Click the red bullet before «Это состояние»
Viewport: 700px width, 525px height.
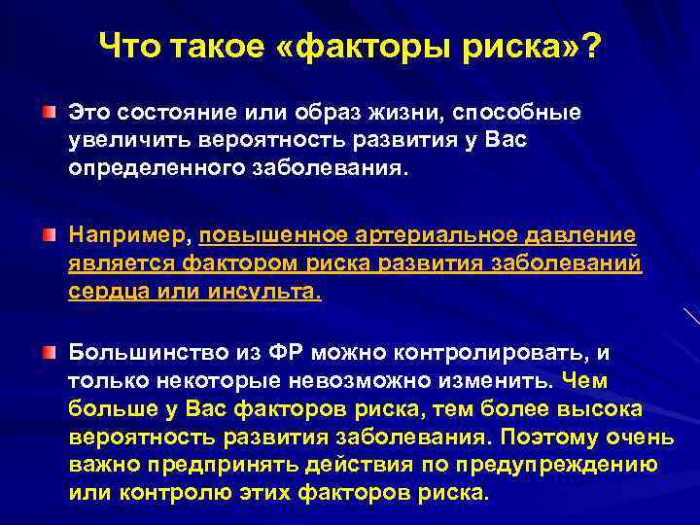[48, 114]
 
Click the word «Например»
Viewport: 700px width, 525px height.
[130, 236]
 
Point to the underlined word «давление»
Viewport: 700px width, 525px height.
[582, 236]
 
